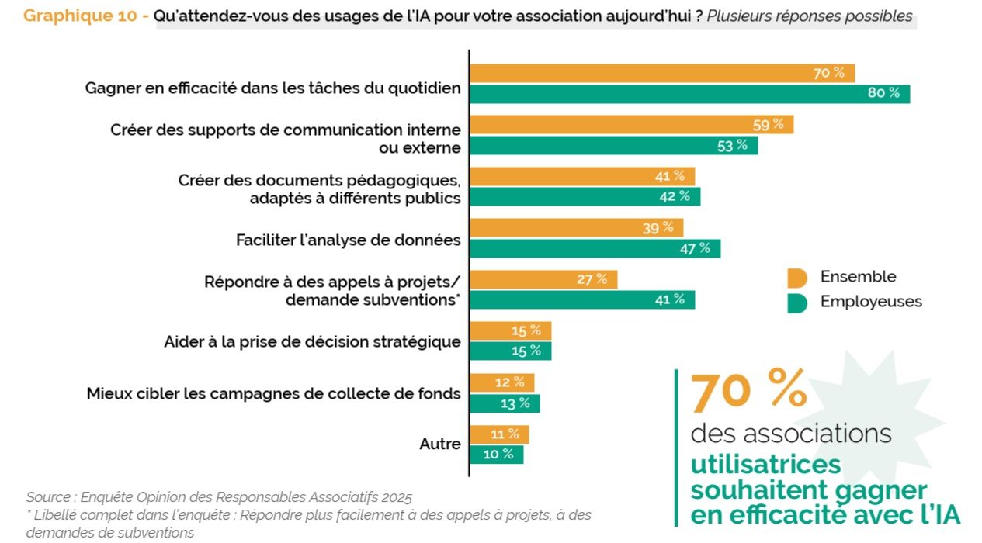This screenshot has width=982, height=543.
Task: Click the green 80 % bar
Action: click(x=689, y=94)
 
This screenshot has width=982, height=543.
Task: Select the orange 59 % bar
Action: click(x=631, y=125)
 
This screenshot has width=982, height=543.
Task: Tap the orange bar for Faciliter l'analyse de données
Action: click(x=576, y=228)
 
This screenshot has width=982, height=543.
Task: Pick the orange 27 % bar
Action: click(x=543, y=280)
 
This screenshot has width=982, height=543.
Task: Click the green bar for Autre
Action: click(x=497, y=455)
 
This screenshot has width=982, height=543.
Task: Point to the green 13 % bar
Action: click(x=505, y=403)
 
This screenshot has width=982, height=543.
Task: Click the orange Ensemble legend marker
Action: click(x=796, y=278)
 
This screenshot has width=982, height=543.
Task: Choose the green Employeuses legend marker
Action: click(x=796, y=303)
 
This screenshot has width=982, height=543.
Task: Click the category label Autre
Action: click(x=440, y=444)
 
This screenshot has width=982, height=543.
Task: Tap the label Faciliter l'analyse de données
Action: click(x=349, y=240)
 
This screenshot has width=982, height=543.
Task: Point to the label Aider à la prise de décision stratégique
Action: click(x=313, y=342)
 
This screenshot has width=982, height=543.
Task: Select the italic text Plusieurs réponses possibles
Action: click(x=810, y=16)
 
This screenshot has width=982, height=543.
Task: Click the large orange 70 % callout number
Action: click(x=748, y=390)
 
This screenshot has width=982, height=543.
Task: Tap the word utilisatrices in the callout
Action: click(x=765, y=464)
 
